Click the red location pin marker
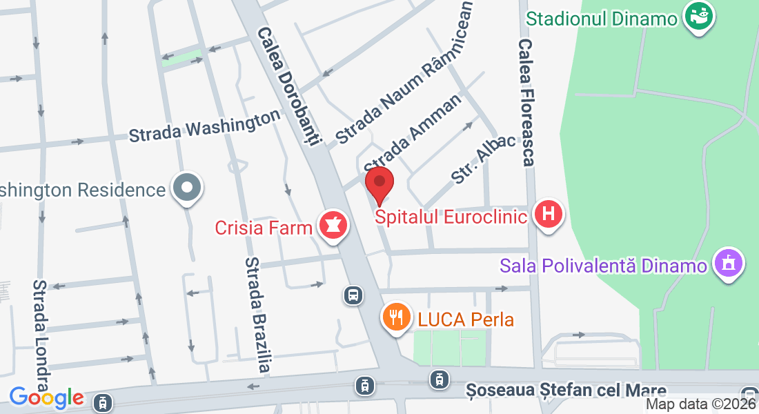[379, 184]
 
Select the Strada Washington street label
[204, 125]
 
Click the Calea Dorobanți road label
[290, 86]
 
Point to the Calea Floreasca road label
[526, 102]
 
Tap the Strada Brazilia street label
[256, 315]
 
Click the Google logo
[46, 397]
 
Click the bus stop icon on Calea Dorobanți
[353, 296]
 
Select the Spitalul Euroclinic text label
[451, 217]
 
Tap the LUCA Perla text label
[466, 319]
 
